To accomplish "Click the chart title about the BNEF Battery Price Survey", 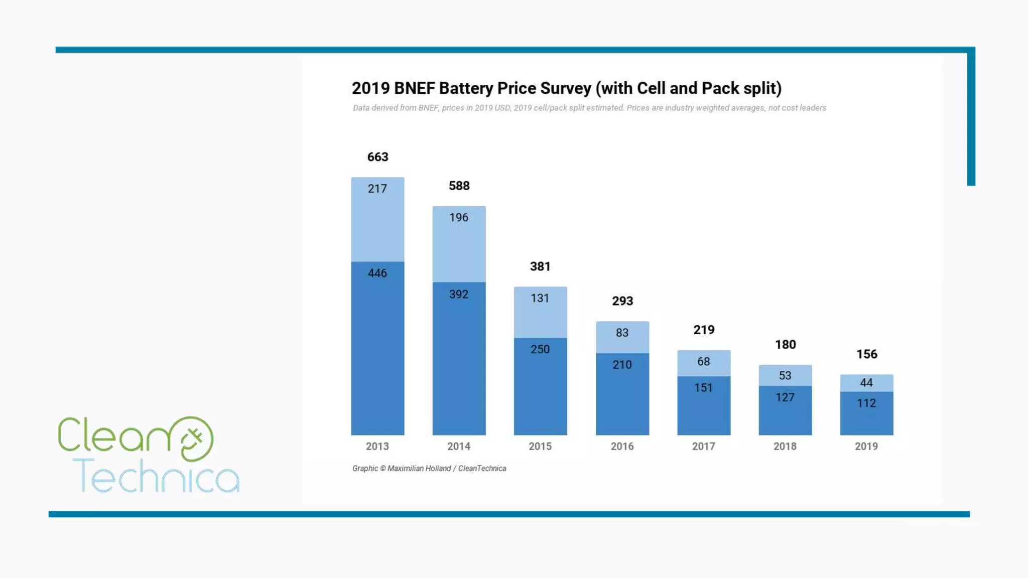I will tap(566, 88).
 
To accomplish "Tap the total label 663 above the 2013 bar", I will tap(377, 157).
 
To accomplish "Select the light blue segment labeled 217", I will tap(377, 219).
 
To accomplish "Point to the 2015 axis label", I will tap(540, 446).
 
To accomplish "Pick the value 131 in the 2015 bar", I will tap(540, 298).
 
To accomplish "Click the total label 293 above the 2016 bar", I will tap(622, 301).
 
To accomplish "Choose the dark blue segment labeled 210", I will tap(622, 394).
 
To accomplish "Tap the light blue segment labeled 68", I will tap(704, 362).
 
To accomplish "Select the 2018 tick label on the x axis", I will tap(785, 446).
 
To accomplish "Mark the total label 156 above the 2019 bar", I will tap(867, 354).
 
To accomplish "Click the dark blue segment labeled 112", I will tap(867, 413).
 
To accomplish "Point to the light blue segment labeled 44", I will tap(867, 383).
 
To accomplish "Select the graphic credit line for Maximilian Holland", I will tap(429, 468).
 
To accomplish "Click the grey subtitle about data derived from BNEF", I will tap(589, 108).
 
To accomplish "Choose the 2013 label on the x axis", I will tap(377, 446).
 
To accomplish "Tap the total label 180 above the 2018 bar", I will tap(786, 345).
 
